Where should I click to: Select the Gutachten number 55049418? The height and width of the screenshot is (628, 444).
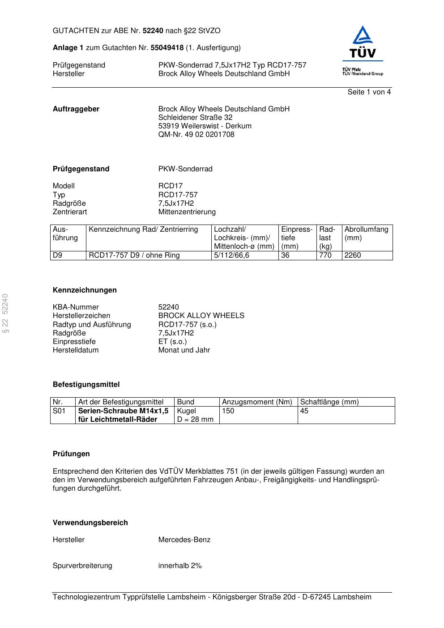click(x=167, y=48)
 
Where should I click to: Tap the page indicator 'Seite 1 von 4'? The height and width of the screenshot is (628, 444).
click(x=369, y=92)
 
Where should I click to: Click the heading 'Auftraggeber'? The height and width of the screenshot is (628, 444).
click(x=76, y=109)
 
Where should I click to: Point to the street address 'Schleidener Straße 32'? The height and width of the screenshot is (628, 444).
click(x=195, y=118)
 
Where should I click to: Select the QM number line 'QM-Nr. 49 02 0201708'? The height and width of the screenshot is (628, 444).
click(x=196, y=135)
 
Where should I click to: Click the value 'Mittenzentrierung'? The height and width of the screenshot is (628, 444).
click(x=187, y=212)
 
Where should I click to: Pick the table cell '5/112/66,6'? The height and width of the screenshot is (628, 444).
click(x=231, y=255)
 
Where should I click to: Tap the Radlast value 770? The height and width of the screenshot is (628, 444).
click(x=325, y=255)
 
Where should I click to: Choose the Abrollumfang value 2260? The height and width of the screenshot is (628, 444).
click(x=353, y=255)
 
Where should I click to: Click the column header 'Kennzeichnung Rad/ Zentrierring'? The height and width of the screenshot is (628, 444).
click(x=143, y=229)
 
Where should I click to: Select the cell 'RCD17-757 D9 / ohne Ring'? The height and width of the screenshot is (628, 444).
click(x=134, y=255)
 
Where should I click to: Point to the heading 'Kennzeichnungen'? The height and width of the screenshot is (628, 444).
click(x=85, y=290)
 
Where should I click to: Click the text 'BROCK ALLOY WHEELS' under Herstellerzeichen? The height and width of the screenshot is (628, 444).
click(x=201, y=316)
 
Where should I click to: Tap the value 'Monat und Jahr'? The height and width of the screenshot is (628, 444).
click(x=184, y=350)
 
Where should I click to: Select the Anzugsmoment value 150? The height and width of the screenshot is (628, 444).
click(x=228, y=411)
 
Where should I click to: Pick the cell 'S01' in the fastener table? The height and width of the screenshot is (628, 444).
click(x=59, y=411)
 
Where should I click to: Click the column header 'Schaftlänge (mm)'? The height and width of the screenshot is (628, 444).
click(x=329, y=402)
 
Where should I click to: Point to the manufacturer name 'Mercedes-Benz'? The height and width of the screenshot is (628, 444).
click(x=184, y=540)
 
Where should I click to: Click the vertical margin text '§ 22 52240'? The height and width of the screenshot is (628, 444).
click(x=6, y=314)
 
